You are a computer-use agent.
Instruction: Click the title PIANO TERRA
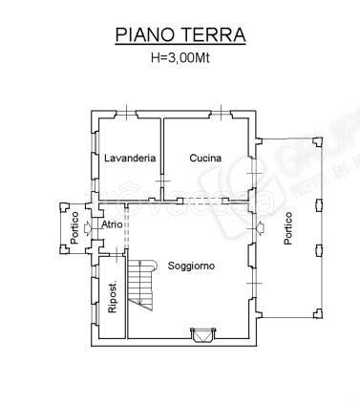(x=180, y=36)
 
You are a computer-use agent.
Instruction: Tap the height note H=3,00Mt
(x=180, y=57)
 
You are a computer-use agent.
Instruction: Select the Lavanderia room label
(x=130, y=159)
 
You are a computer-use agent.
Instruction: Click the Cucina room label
(x=205, y=159)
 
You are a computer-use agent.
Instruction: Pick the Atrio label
(x=113, y=225)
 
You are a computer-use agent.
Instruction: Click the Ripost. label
(x=112, y=299)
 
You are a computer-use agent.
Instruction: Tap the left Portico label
(x=74, y=229)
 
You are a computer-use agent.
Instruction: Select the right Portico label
(x=287, y=229)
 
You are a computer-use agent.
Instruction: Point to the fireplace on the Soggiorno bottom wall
(x=201, y=334)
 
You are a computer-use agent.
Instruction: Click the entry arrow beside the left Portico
(x=89, y=227)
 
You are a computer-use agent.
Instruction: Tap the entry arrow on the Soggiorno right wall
(x=260, y=228)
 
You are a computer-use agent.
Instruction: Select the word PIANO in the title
(x=144, y=36)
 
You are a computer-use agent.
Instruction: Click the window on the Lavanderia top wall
(x=127, y=113)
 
